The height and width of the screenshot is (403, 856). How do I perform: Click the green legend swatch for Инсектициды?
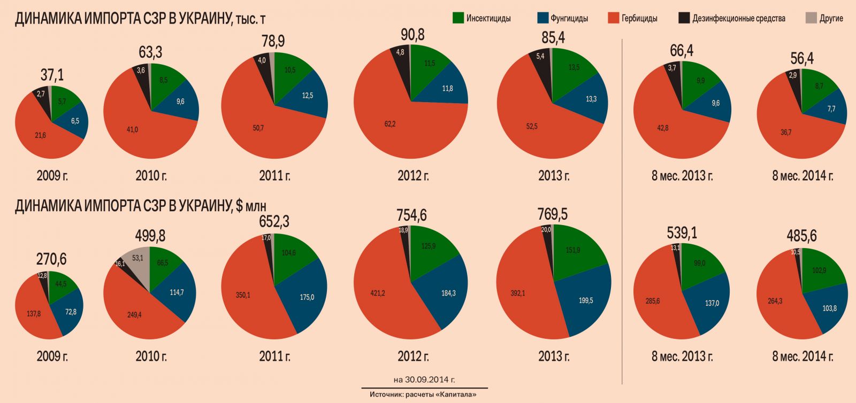point(458,18)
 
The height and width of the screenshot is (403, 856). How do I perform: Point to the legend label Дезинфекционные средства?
point(738,18)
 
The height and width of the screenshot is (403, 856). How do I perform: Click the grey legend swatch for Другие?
point(811,18)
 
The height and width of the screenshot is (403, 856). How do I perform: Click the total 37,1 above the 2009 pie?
point(52,75)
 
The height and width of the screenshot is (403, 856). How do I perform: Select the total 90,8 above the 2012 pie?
point(412,35)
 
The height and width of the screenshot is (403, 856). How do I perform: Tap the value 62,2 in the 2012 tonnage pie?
point(389,124)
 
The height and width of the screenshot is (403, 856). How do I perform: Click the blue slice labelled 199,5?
point(585,300)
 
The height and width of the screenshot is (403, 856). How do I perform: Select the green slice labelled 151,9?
point(572,250)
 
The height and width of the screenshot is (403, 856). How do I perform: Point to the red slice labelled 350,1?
point(243,294)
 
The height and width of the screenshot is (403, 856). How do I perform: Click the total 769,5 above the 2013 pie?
point(553,214)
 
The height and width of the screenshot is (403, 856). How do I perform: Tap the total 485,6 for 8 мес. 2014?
point(801,236)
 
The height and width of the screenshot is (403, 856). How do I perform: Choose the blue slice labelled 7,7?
point(831,108)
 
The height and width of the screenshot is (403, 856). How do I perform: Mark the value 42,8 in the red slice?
point(662,128)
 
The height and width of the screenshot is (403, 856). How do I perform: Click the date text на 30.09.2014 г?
point(424,380)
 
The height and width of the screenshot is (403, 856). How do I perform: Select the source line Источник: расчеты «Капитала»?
point(423,394)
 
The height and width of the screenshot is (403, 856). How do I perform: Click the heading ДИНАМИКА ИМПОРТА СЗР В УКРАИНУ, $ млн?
point(140,206)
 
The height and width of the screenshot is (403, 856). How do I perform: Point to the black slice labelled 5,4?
point(540,57)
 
